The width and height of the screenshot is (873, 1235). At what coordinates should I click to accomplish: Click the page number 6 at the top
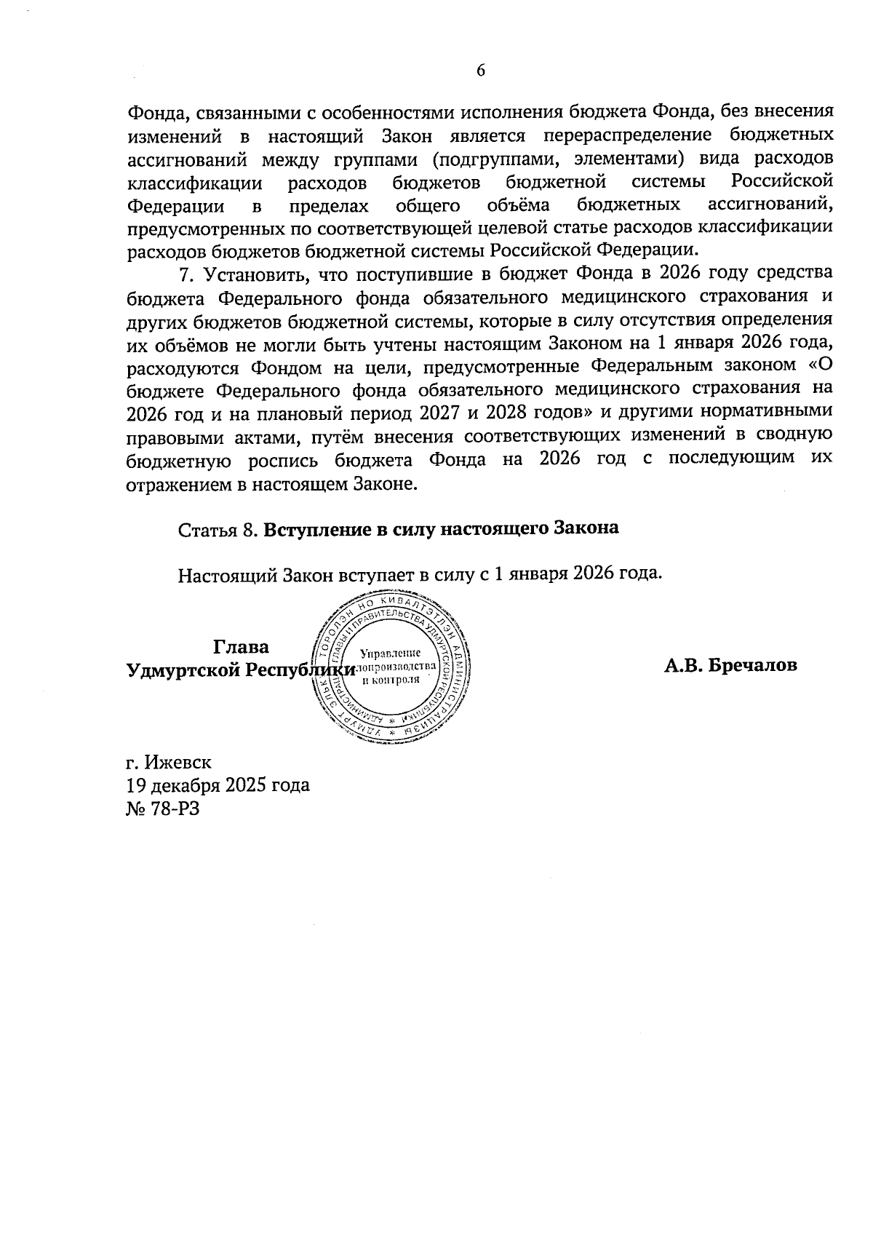point(480,71)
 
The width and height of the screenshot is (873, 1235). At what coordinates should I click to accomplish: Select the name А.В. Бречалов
point(730,665)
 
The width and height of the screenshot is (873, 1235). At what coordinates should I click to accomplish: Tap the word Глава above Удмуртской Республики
point(241,647)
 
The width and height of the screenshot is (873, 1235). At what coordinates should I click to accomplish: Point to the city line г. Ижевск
point(168,763)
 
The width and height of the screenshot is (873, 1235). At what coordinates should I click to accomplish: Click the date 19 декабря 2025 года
point(218,785)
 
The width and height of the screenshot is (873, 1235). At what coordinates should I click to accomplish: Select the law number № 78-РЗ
point(162,808)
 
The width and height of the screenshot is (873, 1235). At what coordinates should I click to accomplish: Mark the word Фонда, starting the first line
point(154,113)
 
